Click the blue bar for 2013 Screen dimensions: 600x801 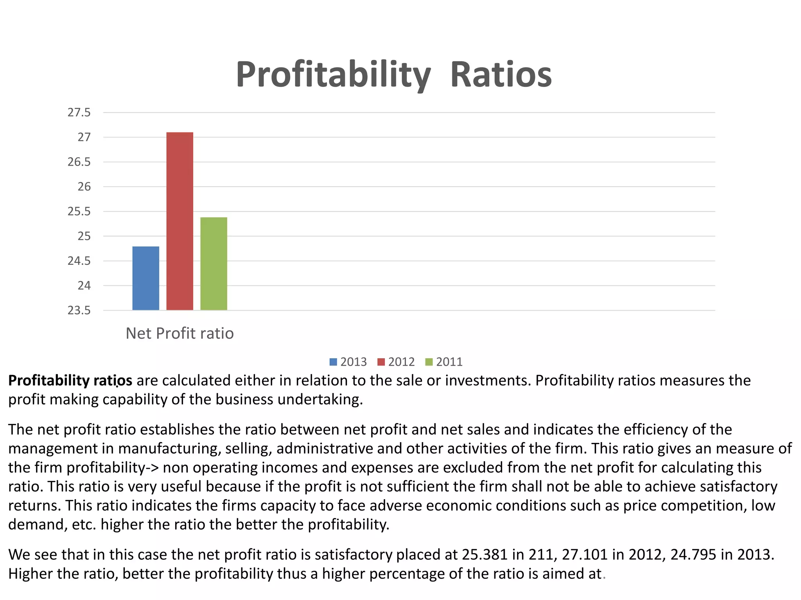coord(145,278)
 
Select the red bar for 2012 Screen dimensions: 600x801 coord(180,221)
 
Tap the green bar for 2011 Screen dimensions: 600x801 coord(214,264)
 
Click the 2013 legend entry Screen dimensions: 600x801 coord(348,362)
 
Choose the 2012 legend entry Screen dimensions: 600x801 coord(396,362)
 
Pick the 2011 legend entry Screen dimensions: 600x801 coord(444,362)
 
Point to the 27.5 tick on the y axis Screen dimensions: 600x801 coord(79,112)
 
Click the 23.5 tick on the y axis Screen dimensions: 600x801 coord(79,311)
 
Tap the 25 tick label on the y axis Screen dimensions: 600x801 coord(84,236)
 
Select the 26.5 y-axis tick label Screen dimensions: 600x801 coord(79,162)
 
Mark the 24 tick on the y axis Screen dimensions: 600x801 coord(84,286)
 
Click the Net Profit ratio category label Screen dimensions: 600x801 coord(180,333)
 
